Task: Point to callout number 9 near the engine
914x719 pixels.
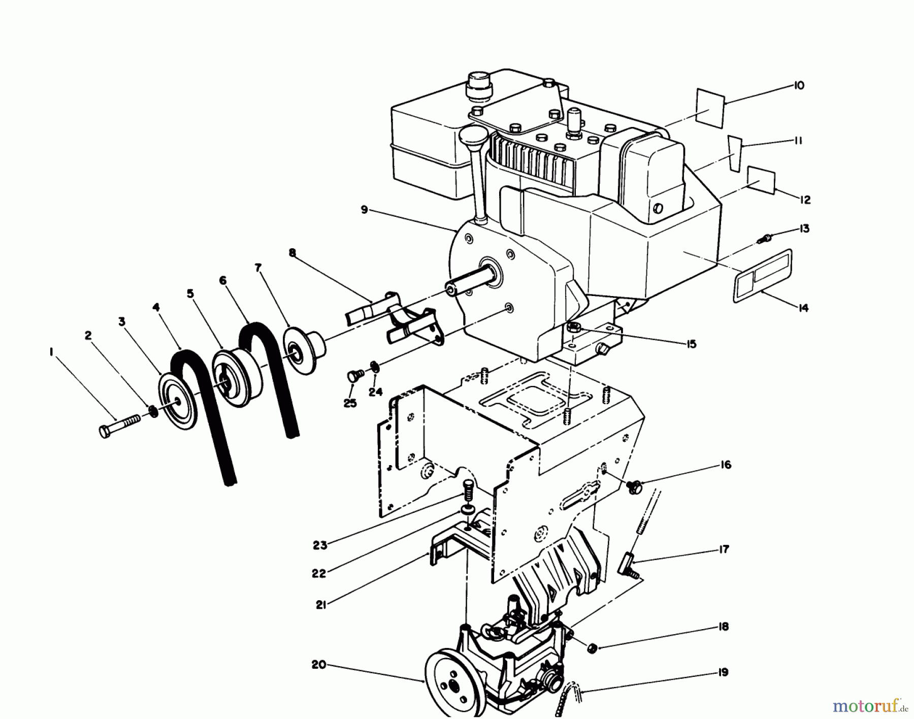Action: click(x=364, y=209)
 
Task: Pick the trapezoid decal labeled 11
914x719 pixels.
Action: click(x=734, y=152)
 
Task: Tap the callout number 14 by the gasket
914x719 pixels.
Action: click(x=803, y=308)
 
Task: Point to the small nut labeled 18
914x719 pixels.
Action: click(x=591, y=648)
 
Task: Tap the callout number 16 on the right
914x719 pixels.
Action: click(x=726, y=465)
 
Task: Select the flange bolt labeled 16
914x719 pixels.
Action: click(x=634, y=486)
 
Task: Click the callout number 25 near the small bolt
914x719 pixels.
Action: click(x=350, y=403)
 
